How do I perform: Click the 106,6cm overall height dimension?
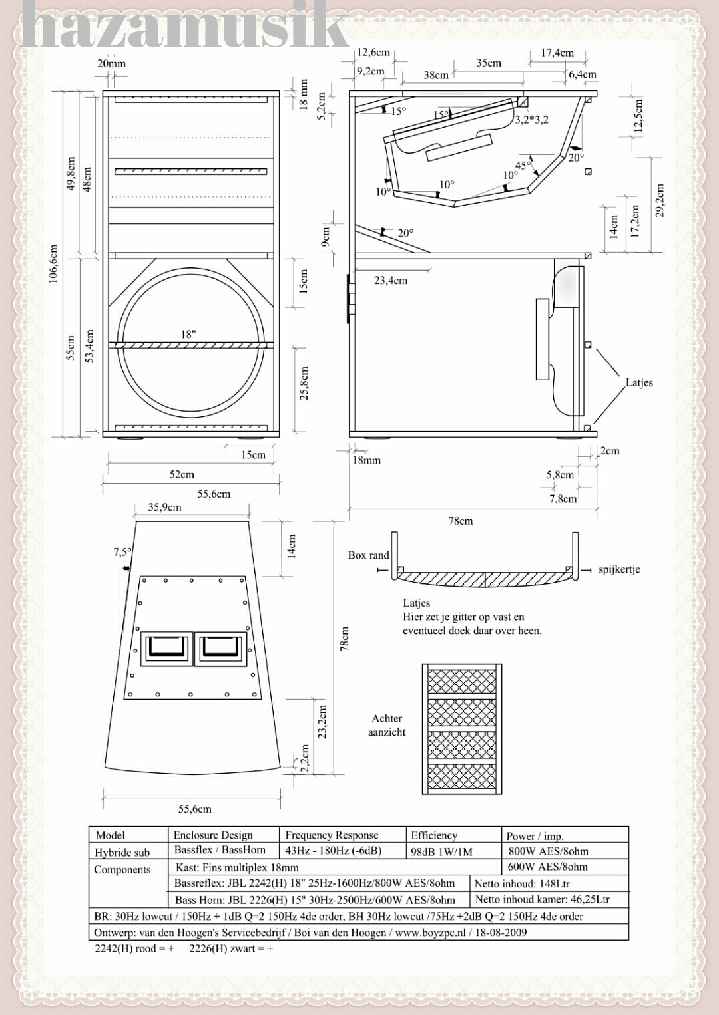pyautogui.click(x=53, y=264)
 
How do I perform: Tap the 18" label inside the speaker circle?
pyautogui.click(x=188, y=334)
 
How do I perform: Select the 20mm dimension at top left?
pyautogui.click(x=111, y=63)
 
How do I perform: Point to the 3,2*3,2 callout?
pyautogui.click(x=531, y=120)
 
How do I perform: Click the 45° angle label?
pyautogui.click(x=523, y=164)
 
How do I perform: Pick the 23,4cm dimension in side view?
pyautogui.click(x=391, y=281)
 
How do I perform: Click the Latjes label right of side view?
pyautogui.click(x=639, y=382)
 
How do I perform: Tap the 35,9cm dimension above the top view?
pyautogui.click(x=164, y=507)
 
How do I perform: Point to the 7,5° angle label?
pyautogui.click(x=122, y=552)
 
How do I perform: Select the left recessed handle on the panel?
pyautogui.click(x=166, y=649)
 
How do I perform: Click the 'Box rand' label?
pyautogui.click(x=368, y=555)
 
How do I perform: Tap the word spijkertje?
pyautogui.click(x=619, y=569)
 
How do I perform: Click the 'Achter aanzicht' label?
pyautogui.click(x=387, y=725)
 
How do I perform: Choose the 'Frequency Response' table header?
pyautogui.click(x=332, y=835)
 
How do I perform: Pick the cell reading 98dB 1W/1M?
pyautogui.click(x=441, y=851)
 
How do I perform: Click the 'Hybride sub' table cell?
pyautogui.click(x=122, y=853)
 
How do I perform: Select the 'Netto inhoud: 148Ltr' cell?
pyautogui.click(x=522, y=883)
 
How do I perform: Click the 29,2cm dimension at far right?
pyautogui.click(x=659, y=200)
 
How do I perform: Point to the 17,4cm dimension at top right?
pyautogui.click(x=557, y=53)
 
